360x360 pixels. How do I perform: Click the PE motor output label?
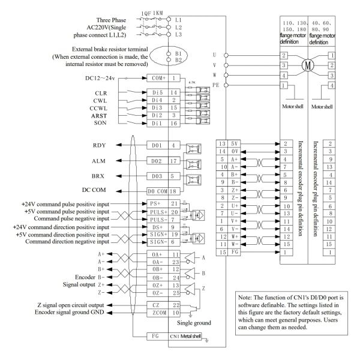click(215, 85)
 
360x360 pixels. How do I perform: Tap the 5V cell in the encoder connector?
click(233, 145)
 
